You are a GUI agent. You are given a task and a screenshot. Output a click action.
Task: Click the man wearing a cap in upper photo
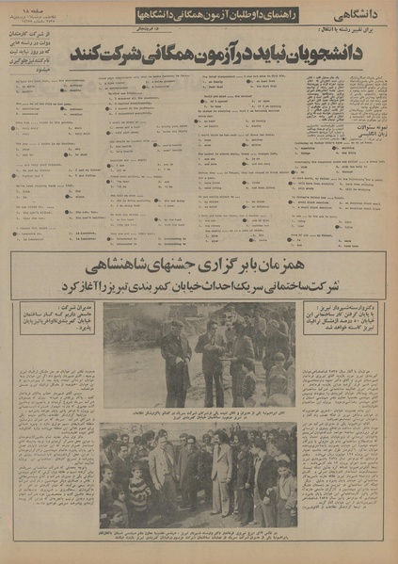(x=176, y=353)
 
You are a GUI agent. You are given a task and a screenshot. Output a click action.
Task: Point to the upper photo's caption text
(x=199, y=416)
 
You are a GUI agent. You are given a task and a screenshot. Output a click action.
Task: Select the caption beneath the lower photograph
(x=199, y=539)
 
